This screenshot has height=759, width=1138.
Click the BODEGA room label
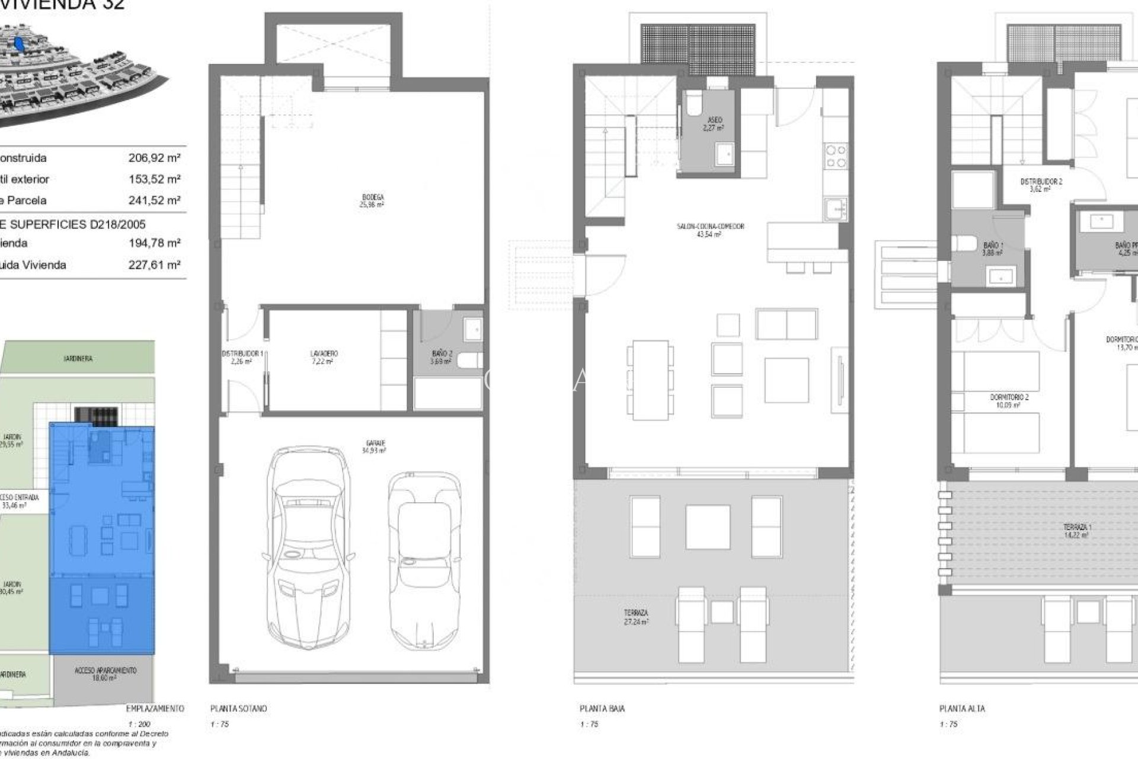(372, 200)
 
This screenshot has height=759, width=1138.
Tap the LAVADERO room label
(324, 357)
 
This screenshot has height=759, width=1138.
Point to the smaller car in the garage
(425, 551)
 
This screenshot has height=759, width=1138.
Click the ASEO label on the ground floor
(714, 123)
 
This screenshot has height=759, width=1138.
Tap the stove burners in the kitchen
(836, 156)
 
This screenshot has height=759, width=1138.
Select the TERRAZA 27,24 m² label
(635, 617)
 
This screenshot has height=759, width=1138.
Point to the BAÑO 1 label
(993, 248)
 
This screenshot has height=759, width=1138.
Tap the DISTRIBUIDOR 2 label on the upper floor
(1041, 185)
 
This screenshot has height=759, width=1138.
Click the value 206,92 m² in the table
(154, 158)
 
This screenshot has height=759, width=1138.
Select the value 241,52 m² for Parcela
(154, 200)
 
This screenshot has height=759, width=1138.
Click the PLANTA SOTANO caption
(238, 709)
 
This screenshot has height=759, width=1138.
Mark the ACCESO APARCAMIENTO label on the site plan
(106, 674)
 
